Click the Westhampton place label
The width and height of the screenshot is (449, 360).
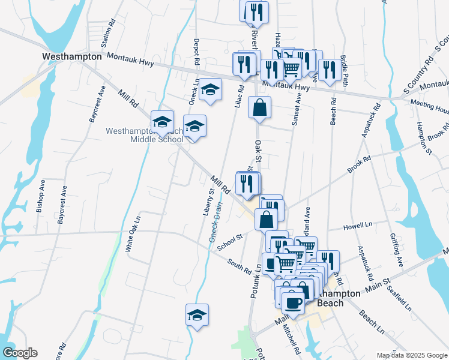71,56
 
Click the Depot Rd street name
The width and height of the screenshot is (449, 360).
196,52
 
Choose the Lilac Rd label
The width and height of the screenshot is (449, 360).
238,97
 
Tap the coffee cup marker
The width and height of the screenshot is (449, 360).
292,302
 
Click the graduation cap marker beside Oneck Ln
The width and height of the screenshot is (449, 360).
210,90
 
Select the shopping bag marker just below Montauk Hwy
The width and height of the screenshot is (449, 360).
259,108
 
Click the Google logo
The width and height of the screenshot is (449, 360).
20,353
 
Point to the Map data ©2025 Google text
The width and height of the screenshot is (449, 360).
411,355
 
